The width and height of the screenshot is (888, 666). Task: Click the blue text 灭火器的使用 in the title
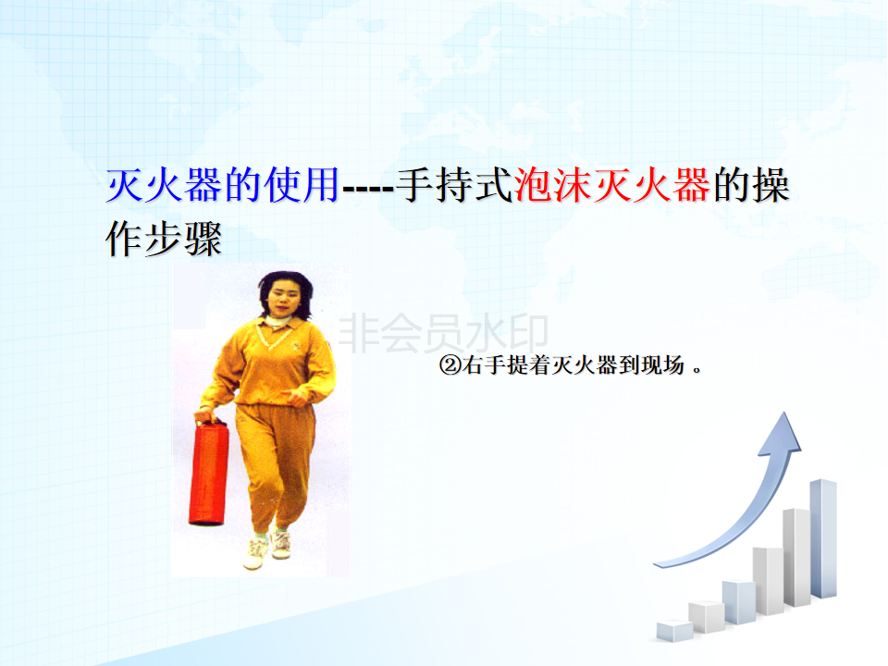[x=223, y=185]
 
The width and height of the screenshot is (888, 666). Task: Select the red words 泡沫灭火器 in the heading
[x=612, y=185]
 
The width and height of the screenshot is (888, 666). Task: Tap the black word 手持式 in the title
[x=454, y=185]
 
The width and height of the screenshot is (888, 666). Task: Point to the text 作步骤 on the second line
[x=164, y=239]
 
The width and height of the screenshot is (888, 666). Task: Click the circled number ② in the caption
[x=450, y=365]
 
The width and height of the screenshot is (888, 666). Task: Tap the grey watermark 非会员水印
[x=443, y=333]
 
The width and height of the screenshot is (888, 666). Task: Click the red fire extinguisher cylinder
[x=208, y=474]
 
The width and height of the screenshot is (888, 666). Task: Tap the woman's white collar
[x=278, y=321]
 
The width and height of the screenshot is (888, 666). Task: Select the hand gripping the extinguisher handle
[x=205, y=415]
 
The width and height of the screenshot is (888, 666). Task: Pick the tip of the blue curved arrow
[x=785, y=413]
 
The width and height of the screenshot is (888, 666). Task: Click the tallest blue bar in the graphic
[x=823, y=538]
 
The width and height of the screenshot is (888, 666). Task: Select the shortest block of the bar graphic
[x=674, y=631]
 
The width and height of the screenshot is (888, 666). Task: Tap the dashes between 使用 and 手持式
[x=368, y=189]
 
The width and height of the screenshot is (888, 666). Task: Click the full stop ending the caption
[x=697, y=371]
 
